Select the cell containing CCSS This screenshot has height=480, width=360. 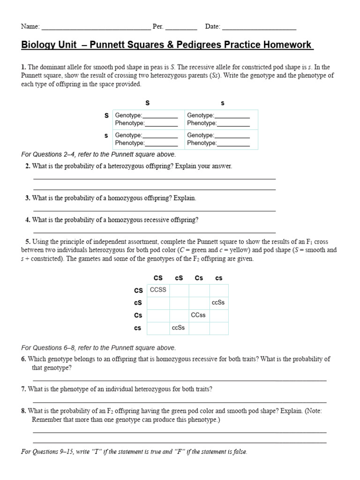click(x=158, y=290)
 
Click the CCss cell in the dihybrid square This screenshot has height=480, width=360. click(x=198, y=315)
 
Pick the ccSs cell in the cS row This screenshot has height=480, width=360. click(x=218, y=302)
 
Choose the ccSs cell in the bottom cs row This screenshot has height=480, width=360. click(x=179, y=328)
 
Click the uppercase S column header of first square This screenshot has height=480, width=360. click(x=148, y=103)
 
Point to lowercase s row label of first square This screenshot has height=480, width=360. click(x=106, y=135)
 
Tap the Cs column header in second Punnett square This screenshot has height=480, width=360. click(x=199, y=278)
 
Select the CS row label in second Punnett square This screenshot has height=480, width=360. click(x=138, y=291)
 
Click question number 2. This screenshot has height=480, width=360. click(x=28, y=166)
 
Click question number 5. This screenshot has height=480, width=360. click(x=28, y=241)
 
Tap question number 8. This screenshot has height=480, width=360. click(x=23, y=411)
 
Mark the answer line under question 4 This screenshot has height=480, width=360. click(x=154, y=232)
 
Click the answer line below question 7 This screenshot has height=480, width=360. click(x=180, y=402)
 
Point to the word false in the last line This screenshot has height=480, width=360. click(x=239, y=452)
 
